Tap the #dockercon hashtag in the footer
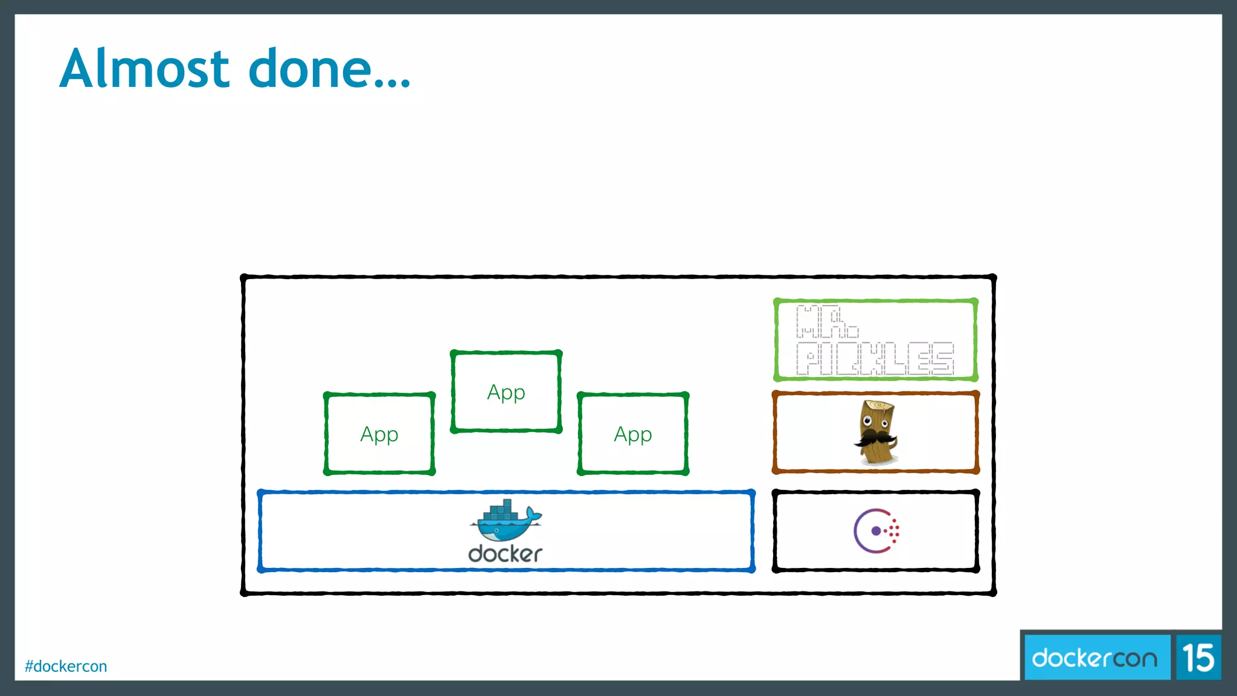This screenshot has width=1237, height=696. point(66,666)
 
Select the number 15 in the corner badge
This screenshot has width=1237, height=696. point(1198,657)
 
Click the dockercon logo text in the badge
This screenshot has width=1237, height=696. point(1094,657)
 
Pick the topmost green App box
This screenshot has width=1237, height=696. point(506,392)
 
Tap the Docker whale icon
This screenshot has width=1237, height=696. point(506,523)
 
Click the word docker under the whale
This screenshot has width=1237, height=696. point(506,554)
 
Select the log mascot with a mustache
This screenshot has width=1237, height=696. point(876,432)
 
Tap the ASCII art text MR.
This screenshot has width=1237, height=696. point(826,322)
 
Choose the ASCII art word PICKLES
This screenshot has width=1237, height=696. point(875,359)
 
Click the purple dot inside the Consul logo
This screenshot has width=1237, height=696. point(876,531)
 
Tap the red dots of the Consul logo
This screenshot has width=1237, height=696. point(894,531)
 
